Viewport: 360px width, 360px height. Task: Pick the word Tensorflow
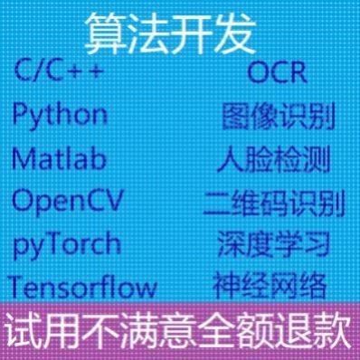(x=82, y=287)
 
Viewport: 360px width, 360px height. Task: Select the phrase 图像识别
(x=277, y=118)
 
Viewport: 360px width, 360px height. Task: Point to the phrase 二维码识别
(x=275, y=203)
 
